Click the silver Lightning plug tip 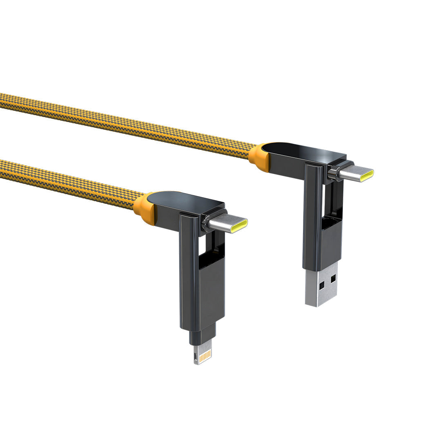click(x=203, y=353)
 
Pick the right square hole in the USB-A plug click(x=333, y=279)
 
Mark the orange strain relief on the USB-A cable click(x=258, y=157)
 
